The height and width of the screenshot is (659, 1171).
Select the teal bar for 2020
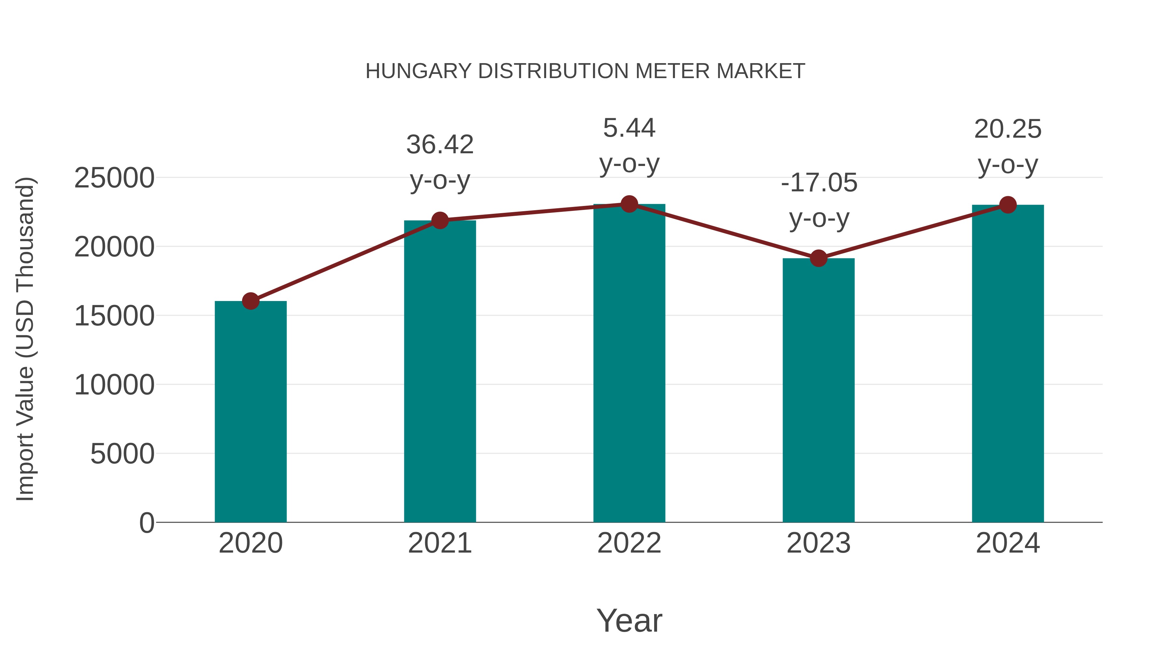(250, 412)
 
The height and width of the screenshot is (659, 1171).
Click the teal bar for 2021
(439, 371)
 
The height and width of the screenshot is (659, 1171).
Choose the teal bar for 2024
(1008, 364)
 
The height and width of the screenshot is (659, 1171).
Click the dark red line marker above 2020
(250, 301)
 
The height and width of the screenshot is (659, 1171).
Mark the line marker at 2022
(629, 204)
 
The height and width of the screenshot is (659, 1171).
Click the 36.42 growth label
(439, 144)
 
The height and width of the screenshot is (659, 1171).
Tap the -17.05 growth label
(819, 183)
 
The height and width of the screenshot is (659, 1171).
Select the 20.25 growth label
(1008, 129)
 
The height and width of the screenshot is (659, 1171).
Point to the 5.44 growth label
(629, 128)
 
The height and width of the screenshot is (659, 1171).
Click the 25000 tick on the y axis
(114, 178)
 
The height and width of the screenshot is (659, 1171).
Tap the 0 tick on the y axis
(146, 523)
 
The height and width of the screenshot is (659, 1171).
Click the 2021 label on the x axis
(439, 543)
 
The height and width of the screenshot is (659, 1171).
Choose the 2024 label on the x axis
(1008, 543)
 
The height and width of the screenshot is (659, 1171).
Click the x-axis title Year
(629, 620)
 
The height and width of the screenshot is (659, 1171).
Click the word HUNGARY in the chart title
(418, 71)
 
